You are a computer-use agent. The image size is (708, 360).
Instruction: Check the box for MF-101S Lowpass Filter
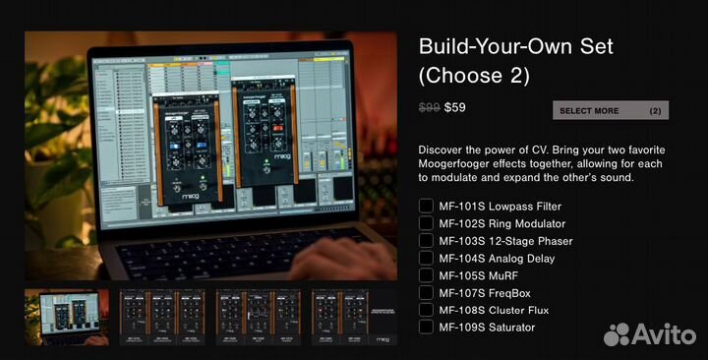pyautogui.click(x=426, y=206)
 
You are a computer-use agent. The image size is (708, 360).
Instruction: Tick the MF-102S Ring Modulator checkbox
pyautogui.click(x=426, y=223)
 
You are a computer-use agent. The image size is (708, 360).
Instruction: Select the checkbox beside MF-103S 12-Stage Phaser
pyautogui.click(x=426, y=240)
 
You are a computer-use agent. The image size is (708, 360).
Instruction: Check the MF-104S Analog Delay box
pyautogui.click(x=426, y=258)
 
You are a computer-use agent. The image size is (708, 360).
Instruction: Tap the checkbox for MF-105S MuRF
pyautogui.click(x=426, y=275)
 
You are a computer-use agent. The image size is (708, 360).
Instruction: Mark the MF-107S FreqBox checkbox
pyautogui.click(x=426, y=292)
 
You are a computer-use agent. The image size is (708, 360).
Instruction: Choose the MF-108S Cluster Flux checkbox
pyautogui.click(x=426, y=310)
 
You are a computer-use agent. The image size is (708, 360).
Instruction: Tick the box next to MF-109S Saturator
pyautogui.click(x=426, y=327)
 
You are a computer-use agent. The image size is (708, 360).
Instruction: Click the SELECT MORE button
pyautogui.click(x=610, y=110)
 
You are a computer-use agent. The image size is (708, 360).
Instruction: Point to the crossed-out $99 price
pyautogui.click(x=429, y=108)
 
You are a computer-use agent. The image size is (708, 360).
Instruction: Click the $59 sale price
pyautogui.click(x=455, y=108)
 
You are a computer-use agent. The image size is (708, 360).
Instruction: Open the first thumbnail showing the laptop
pyautogui.click(x=66, y=316)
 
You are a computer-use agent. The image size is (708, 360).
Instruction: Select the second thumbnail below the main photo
pyautogui.click(x=161, y=316)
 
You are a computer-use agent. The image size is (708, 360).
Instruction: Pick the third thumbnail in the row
pyautogui.click(x=257, y=316)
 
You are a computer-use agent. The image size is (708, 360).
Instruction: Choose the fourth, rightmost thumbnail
pyautogui.click(x=352, y=316)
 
